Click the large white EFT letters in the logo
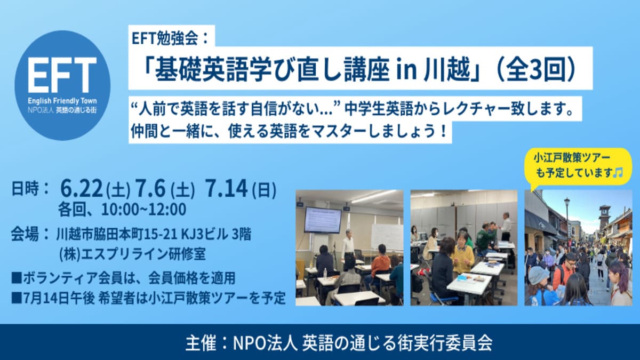(x=62, y=75)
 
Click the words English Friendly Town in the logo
(x=62, y=101)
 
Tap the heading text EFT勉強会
(x=165, y=38)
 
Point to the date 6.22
(x=82, y=189)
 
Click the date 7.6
(x=150, y=189)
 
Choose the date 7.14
(x=226, y=189)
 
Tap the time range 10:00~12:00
(x=143, y=210)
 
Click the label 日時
(x=25, y=189)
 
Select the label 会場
(x=25, y=235)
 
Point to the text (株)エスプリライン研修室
(x=132, y=254)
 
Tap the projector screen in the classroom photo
(x=323, y=220)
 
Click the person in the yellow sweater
(x=463, y=255)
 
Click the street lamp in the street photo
(x=567, y=217)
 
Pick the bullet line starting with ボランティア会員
(x=123, y=278)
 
